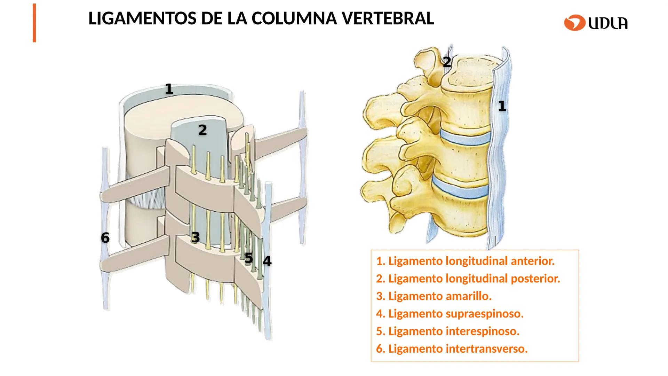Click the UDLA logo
(x=596, y=23)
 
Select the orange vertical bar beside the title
(x=34, y=23)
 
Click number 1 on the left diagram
(x=169, y=89)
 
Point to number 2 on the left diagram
(x=202, y=130)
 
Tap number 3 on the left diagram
(x=196, y=237)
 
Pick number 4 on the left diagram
(x=267, y=261)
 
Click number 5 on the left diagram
(x=248, y=258)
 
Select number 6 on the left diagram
(x=105, y=238)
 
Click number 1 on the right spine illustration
(x=502, y=106)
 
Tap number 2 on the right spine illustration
(x=447, y=62)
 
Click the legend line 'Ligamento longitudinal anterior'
(x=465, y=261)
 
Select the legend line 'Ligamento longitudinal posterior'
(x=468, y=279)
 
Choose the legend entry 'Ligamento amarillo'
(x=434, y=296)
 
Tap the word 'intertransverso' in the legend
(x=487, y=348)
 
